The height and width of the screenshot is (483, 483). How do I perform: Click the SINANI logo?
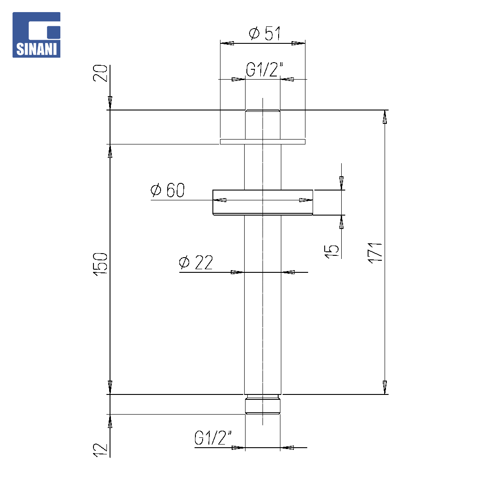click(36, 35)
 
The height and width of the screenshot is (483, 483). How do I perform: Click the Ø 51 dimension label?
click(265, 33)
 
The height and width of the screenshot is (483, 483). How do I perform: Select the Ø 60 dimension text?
click(168, 190)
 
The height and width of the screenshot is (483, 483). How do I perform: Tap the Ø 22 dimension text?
click(196, 263)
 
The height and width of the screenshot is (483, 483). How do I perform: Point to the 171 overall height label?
click(375, 253)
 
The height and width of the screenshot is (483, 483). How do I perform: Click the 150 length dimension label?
click(101, 264)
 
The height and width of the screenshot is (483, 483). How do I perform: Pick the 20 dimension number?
click(101, 73)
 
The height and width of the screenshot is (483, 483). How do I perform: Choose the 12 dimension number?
click(101, 450)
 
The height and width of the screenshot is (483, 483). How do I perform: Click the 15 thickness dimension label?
click(331, 251)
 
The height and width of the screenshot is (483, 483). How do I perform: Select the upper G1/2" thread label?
click(264, 69)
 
